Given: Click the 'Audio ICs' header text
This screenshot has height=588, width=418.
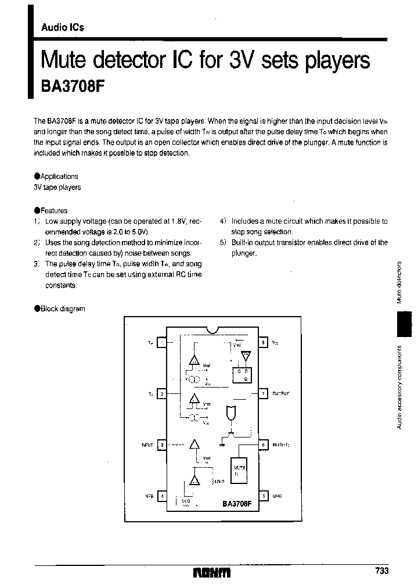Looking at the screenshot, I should [62, 27].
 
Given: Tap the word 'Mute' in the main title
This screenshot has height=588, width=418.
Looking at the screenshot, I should [64, 60].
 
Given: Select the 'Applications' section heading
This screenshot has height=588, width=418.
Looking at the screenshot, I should [58, 176].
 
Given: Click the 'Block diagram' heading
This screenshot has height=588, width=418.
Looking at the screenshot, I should [62, 309].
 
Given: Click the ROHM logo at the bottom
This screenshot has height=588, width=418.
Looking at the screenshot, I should [212, 572].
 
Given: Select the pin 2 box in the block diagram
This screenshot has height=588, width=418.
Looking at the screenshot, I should [162, 394].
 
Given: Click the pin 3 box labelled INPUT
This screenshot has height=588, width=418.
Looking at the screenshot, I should [162, 445].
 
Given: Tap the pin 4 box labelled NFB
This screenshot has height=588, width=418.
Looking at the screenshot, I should [162, 496].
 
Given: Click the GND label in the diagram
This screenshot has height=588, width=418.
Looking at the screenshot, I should [277, 496].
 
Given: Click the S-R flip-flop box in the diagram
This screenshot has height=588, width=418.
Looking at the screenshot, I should [240, 375].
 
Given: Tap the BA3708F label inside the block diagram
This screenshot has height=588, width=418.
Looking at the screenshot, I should [236, 505].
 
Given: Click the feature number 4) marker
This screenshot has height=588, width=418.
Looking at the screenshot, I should [223, 221].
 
